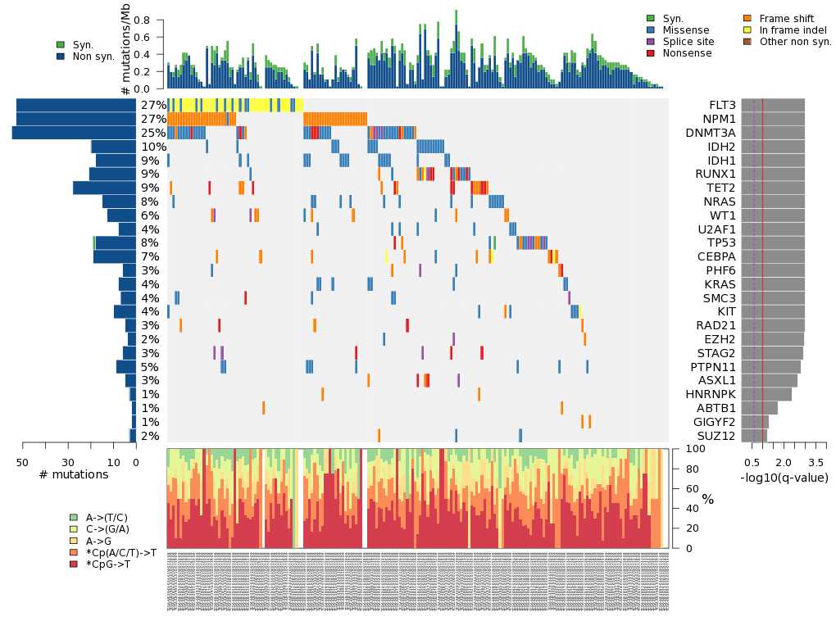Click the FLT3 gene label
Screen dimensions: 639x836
click(722, 106)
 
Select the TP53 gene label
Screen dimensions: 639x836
click(721, 242)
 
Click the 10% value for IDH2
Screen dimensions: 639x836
click(154, 147)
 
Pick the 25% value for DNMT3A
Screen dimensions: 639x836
click(154, 133)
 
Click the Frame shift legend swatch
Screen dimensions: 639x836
click(747, 19)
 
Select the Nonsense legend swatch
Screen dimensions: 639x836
click(651, 53)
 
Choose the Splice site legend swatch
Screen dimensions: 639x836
click(651, 42)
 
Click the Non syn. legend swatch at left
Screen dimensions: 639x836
click(61, 57)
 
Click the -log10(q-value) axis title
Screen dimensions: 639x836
click(784, 478)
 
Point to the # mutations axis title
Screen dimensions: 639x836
click(74, 475)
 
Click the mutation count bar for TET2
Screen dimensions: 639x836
click(104, 188)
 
